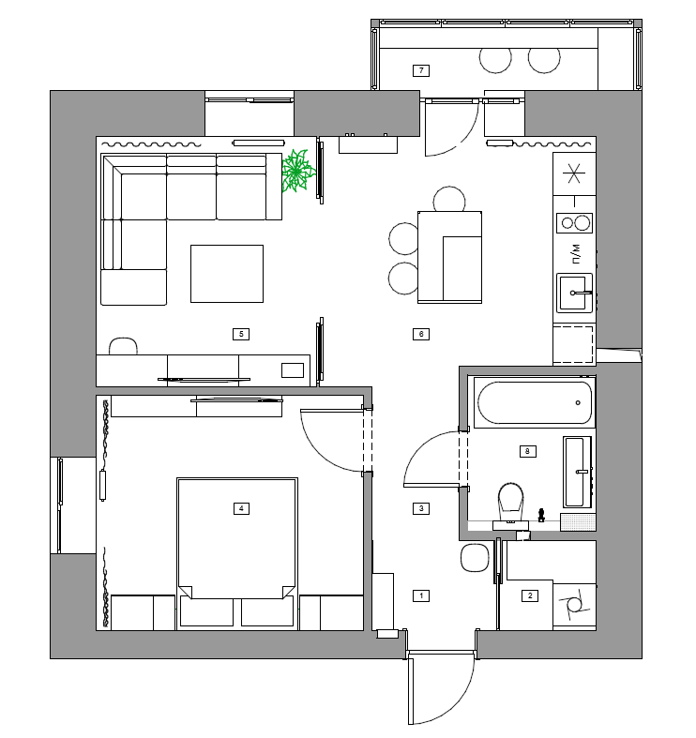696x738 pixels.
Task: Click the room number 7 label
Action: (x=421, y=70)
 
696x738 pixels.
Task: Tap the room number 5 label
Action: (x=241, y=334)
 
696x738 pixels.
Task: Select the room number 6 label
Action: (x=421, y=334)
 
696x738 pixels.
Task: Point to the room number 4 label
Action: (x=241, y=508)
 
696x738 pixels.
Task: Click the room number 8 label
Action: (x=527, y=451)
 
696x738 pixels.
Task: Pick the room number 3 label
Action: (x=421, y=508)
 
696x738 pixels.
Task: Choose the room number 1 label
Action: (x=421, y=595)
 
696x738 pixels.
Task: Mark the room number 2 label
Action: (x=530, y=595)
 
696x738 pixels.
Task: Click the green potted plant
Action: (x=297, y=171)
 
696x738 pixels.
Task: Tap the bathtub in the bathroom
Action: (x=535, y=402)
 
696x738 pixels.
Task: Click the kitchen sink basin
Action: (x=574, y=293)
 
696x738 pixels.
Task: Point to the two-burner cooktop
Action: (x=574, y=223)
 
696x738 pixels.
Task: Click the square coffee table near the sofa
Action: (x=227, y=274)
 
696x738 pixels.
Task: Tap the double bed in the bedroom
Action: (x=237, y=553)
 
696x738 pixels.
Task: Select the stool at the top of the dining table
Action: (x=449, y=199)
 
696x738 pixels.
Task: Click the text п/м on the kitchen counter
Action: (x=576, y=254)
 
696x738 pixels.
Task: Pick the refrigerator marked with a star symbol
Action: (x=574, y=173)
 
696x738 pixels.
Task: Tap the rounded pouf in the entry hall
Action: (x=475, y=558)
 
